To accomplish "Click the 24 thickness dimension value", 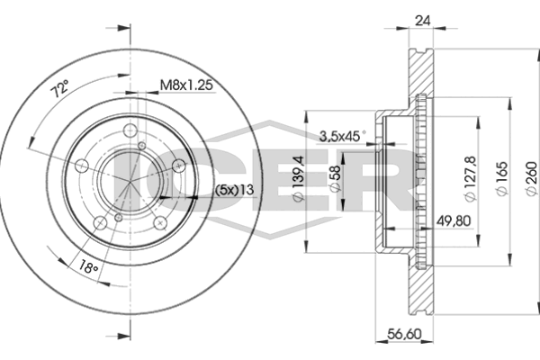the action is pos(423,21).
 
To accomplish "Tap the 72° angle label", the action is pos(60,88).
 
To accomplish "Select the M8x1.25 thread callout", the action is pos(186,85).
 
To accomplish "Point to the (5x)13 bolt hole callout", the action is pos(235,190).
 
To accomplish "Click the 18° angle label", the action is pos(88,267).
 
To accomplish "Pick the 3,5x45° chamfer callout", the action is pos(343,136).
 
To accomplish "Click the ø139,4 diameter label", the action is pos(298,178).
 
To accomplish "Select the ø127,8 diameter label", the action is pos(470,178).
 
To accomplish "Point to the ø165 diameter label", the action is pos(502,178).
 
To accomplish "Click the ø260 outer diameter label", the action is pos(532,178).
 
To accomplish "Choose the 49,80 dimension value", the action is pos(454,220).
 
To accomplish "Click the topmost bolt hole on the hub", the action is pos(130,130).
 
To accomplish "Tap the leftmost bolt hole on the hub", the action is pos(82,166).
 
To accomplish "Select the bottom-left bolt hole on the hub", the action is pos(100,222).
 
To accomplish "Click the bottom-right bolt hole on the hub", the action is pos(160,222).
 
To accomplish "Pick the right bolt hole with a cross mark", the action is pos(179,166).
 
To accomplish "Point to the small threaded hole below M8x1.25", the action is pos(142,146).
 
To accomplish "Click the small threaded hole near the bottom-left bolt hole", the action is pos(118,218).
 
